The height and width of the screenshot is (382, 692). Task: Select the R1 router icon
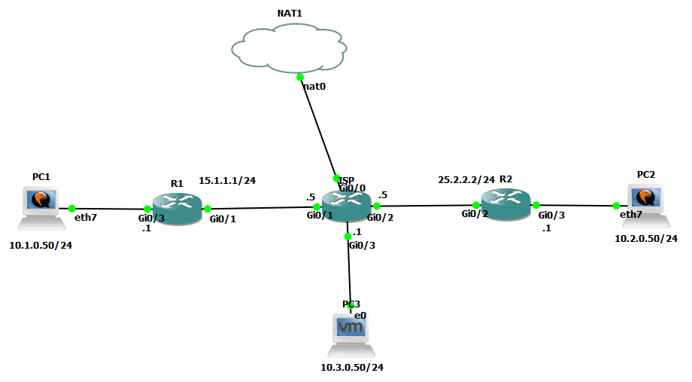pos(177,208)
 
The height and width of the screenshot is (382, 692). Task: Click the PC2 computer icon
pos(645,204)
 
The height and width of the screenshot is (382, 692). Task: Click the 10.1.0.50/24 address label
pos(41,246)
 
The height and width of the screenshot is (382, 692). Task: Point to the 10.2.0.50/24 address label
pos(646,238)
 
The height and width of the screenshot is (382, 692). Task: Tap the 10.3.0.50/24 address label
pos(351,368)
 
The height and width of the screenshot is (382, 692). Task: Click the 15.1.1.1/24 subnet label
pos(227,181)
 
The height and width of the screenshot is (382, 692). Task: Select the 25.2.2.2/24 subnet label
pos(466,180)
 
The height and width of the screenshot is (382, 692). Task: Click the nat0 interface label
pos(314,87)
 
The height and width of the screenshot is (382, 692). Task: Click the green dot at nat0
pos(300,77)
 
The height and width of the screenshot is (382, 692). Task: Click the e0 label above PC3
pos(360,315)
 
